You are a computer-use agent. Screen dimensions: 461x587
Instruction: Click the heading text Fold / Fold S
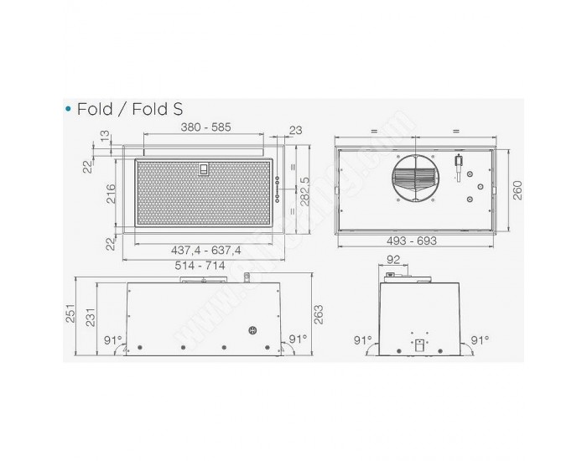pyautogui.click(x=129, y=110)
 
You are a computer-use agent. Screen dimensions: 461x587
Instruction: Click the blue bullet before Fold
pyautogui.click(x=67, y=110)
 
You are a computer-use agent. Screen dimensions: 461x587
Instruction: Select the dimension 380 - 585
pyautogui.click(x=206, y=128)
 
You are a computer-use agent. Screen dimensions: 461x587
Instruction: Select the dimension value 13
pyautogui.click(x=104, y=136)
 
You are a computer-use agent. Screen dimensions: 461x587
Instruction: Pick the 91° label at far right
pyautogui.click(x=480, y=340)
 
